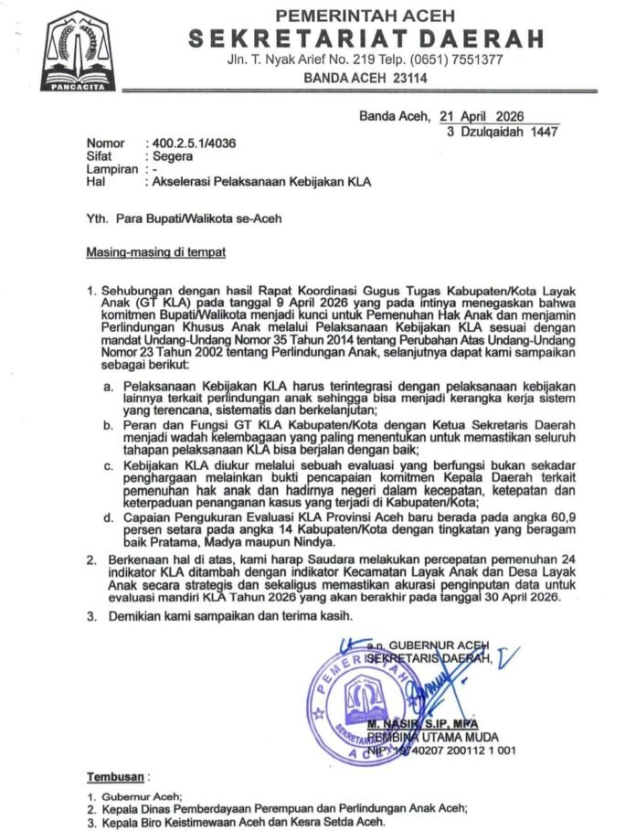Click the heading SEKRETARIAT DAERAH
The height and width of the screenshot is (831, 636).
[366, 38]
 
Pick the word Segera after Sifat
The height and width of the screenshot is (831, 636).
[173, 156]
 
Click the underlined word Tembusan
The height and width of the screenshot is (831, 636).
[115, 777]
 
